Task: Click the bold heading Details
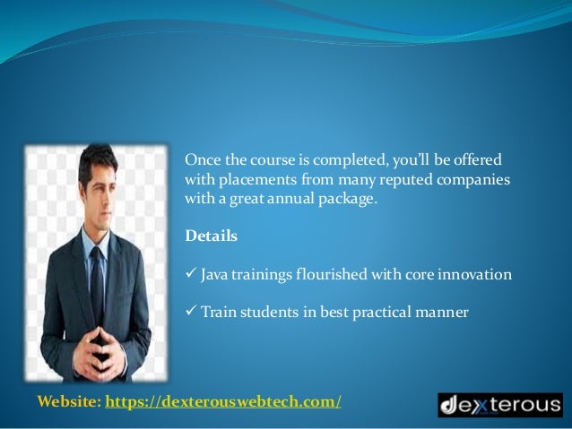point(211,236)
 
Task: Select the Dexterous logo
point(499,404)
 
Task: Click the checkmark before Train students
point(190,313)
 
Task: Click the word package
point(351,198)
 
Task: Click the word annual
point(294,198)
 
